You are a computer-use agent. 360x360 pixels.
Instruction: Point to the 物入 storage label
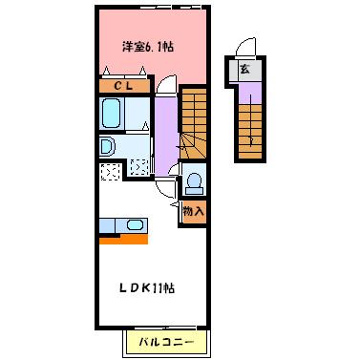click(192, 210)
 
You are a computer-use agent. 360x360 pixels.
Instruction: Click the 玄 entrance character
click(245, 70)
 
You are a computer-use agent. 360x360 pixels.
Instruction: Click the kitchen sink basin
click(134, 225)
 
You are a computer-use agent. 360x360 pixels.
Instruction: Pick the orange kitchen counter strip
click(121, 239)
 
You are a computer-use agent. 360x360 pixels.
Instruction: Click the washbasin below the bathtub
click(107, 147)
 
